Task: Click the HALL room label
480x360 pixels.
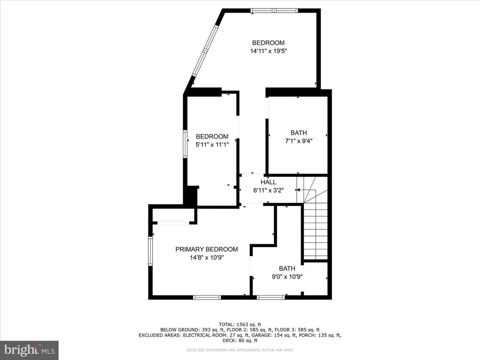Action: click(x=268, y=182)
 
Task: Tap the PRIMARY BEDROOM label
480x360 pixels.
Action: click(x=206, y=249)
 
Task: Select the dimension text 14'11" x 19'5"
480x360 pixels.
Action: click(x=268, y=51)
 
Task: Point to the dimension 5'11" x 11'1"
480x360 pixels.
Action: click(x=212, y=145)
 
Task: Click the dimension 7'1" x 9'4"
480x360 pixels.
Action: click(x=299, y=141)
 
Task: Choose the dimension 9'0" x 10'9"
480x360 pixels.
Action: click(x=287, y=276)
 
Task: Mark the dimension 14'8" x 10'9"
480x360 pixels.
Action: click(x=206, y=257)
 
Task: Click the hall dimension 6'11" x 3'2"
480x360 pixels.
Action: click(x=268, y=190)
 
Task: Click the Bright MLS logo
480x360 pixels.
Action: click(x=29, y=350)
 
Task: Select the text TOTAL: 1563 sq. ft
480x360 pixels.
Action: click(x=240, y=324)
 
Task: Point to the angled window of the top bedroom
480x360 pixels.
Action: click(x=205, y=51)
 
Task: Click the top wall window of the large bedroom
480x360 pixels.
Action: click(x=274, y=11)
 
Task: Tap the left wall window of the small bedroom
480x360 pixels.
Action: click(x=185, y=144)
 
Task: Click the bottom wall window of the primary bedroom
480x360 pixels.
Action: click(x=207, y=297)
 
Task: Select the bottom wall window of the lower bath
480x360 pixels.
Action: click(x=271, y=297)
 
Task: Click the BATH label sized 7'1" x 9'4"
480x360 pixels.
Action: click(x=299, y=133)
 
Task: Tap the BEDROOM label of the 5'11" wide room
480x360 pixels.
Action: click(x=212, y=137)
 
